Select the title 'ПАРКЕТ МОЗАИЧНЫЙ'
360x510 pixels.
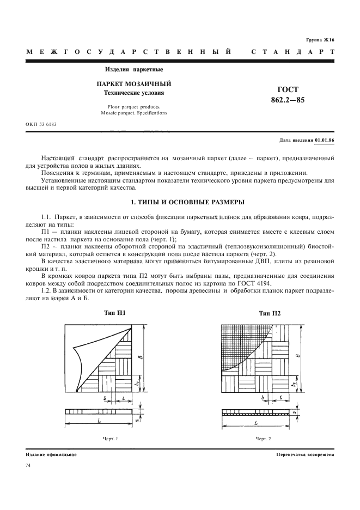134,84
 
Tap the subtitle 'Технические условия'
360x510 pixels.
134,93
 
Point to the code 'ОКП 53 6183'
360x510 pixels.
41,124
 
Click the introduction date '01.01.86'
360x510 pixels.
325,141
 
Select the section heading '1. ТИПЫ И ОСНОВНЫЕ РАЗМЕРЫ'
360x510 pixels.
180,203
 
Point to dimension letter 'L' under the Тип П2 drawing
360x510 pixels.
256,423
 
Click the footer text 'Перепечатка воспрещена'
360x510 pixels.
305,454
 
